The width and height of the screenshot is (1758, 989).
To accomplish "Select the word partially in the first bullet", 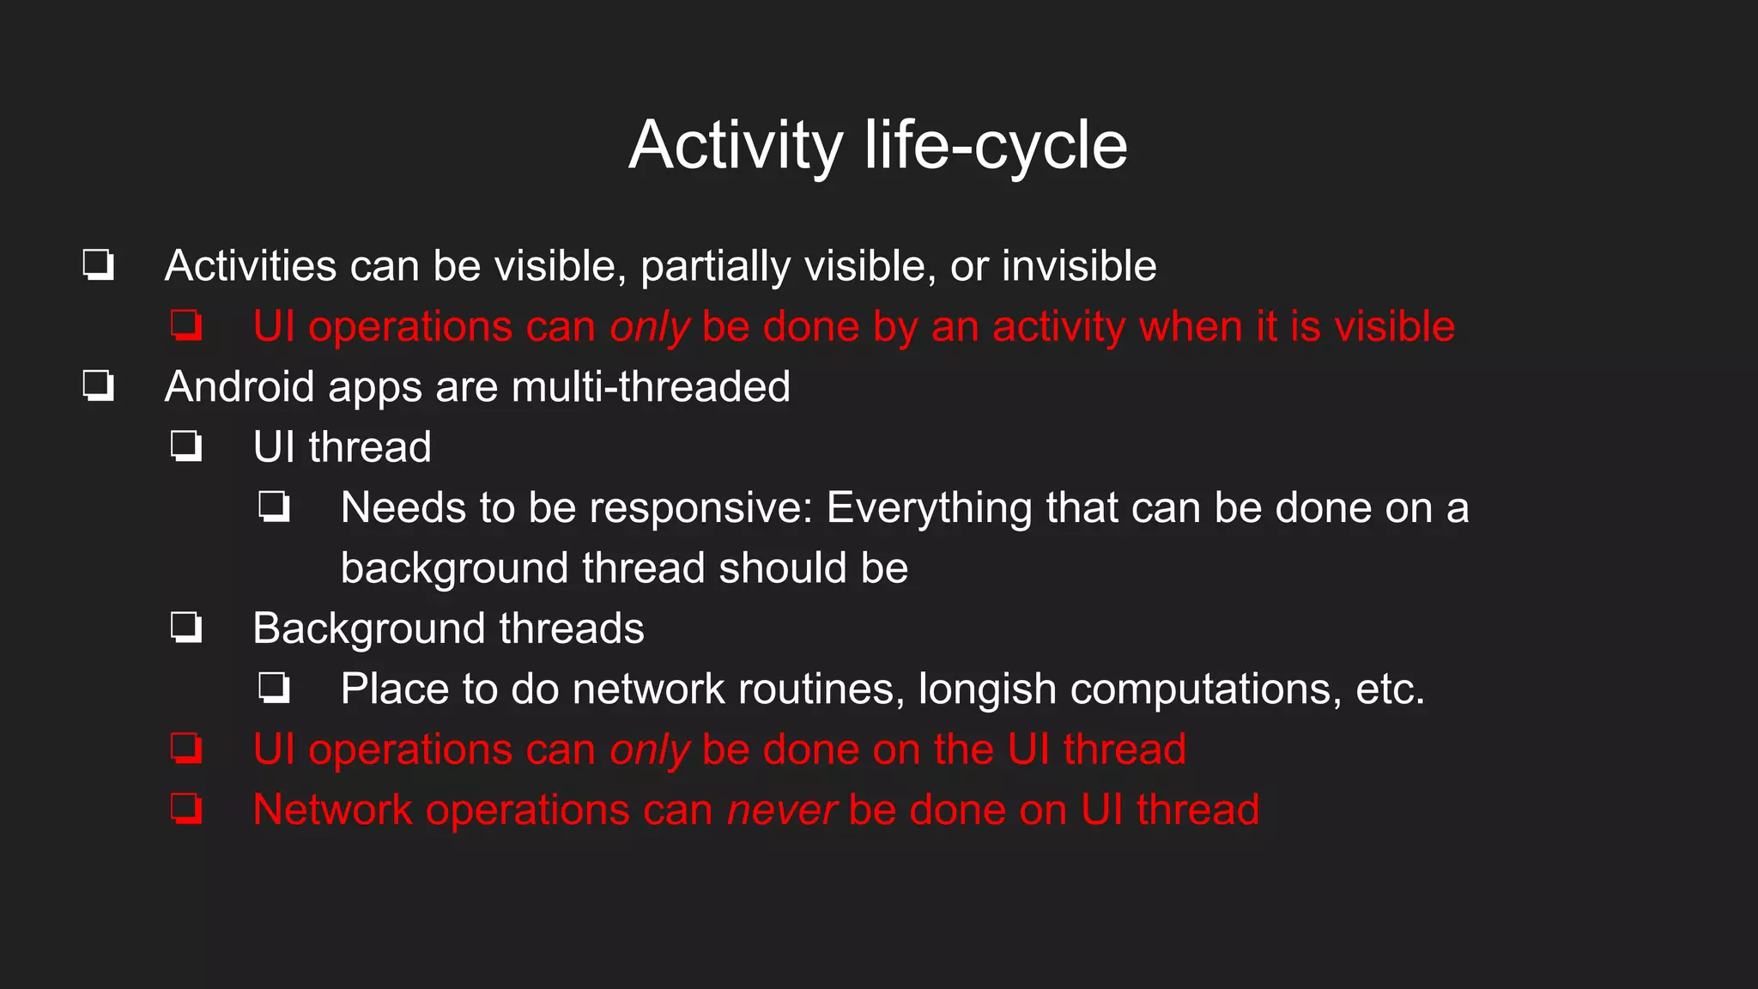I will [714, 266].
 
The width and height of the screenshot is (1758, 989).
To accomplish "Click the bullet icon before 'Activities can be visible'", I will [99, 265].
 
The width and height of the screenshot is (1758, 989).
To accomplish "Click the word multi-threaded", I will [651, 387].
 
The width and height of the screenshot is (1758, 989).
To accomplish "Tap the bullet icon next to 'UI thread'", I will [186, 447].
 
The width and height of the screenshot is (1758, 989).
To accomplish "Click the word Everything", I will [930, 508].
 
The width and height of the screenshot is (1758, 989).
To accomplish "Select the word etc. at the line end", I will [1390, 689].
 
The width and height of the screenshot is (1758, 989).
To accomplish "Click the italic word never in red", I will [781, 810].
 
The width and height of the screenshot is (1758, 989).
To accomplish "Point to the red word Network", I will [332, 810].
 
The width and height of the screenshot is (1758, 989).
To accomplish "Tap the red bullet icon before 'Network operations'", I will [186, 810].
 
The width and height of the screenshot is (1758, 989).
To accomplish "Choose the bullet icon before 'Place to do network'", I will [275, 689].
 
